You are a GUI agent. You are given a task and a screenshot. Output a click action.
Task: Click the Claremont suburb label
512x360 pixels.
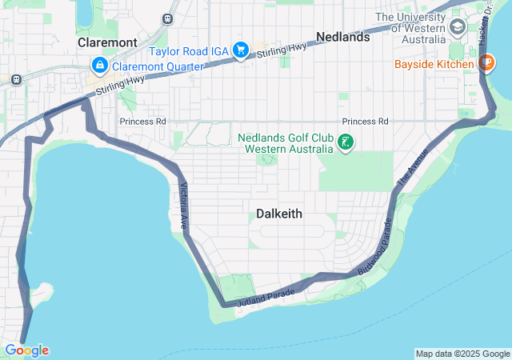tap(107, 42)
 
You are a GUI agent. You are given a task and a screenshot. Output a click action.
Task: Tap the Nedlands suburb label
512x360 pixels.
tap(342, 37)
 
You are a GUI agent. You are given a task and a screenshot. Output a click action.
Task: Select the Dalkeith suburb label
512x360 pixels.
tap(279, 214)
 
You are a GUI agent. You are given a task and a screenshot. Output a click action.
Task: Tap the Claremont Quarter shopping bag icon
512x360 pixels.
tap(100, 66)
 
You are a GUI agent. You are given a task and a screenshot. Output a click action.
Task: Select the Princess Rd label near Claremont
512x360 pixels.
tap(142, 122)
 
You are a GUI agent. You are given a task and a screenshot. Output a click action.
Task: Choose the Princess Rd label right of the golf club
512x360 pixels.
tap(365, 122)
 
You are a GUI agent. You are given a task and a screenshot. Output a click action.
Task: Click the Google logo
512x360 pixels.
tap(26, 350)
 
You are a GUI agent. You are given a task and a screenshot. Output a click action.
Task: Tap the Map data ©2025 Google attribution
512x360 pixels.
tap(462, 354)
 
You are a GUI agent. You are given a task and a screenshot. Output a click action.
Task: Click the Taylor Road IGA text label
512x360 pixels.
tap(187, 50)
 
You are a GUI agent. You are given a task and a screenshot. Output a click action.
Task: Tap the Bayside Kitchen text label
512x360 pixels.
tap(434, 63)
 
